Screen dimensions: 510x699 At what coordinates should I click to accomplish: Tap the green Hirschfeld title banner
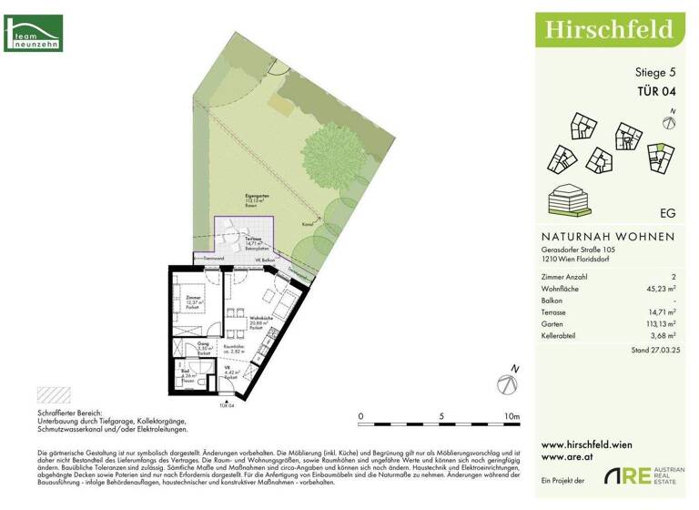click(x=609, y=29)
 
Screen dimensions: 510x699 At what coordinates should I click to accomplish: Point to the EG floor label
click(x=666, y=212)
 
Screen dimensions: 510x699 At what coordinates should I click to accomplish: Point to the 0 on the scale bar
click(x=360, y=417)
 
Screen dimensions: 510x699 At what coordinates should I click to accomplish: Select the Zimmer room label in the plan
click(x=192, y=300)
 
